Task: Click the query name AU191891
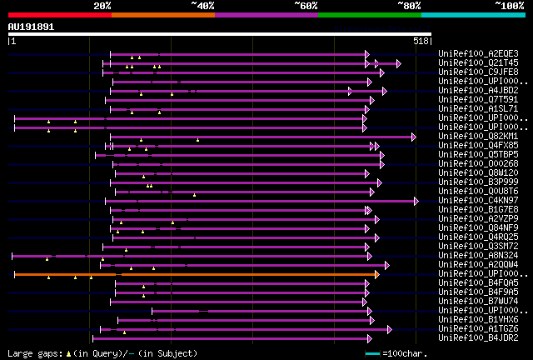pyautogui.click(x=31, y=27)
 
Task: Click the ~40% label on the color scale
pyautogui.click(x=202, y=5)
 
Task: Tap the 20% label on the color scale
pyautogui.click(x=102, y=5)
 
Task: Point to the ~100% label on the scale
pyautogui.click(x=510, y=5)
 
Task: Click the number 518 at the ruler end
pyautogui.click(x=421, y=40)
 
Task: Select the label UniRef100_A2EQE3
pyautogui.click(x=478, y=53)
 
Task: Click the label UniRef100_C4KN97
pyautogui.click(x=478, y=201)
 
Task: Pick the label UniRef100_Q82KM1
pyautogui.click(x=478, y=136)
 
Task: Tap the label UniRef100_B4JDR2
pyautogui.click(x=478, y=338)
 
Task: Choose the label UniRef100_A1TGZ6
pyautogui.click(x=478, y=329)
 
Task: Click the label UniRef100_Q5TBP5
pyautogui.click(x=478, y=155)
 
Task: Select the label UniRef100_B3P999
pyautogui.click(x=478, y=182)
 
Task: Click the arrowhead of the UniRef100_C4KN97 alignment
pyautogui.click(x=416, y=201)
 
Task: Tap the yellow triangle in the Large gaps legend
pyautogui.click(x=68, y=353)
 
